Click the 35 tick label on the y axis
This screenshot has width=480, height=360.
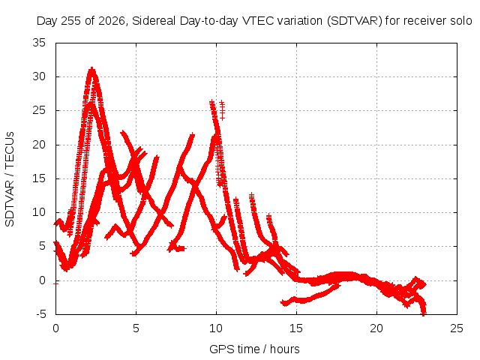pyautogui.click(x=39, y=43)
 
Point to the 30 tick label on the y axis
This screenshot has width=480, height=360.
pyautogui.click(x=39, y=76)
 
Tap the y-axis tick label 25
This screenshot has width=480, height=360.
pyautogui.click(x=39, y=110)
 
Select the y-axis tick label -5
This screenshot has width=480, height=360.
pyautogui.click(x=41, y=314)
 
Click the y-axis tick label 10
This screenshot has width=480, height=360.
pyautogui.click(x=39, y=212)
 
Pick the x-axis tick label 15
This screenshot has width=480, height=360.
pyautogui.click(x=296, y=328)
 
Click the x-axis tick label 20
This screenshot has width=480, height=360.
pyautogui.click(x=376, y=328)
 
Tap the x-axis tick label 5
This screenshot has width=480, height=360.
pyautogui.click(x=136, y=328)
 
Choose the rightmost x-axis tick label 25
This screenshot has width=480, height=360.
pyautogui.click(x=457, y=328)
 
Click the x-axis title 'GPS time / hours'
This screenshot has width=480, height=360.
pyautogui.click(x=254, y=349)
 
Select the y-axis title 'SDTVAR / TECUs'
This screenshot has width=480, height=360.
pyautogui.click(x=10, y=179)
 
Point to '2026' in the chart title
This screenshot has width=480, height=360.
pyautogui.click(x=111, y=21)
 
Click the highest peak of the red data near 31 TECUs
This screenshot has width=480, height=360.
pyautogui.click(x=91, y=69)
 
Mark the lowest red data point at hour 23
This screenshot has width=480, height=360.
pyautogui.click(x=424, y=313)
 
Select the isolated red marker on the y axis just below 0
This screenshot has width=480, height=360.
pyautogui.click(x=55, y=283)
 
